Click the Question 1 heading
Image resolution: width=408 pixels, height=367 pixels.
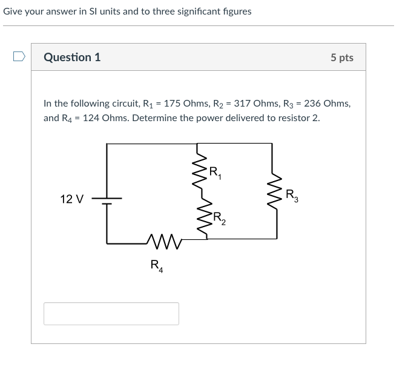click(x=72, y=58)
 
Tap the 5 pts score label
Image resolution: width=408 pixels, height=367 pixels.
click(x=342, y=58)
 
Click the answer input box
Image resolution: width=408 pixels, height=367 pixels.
click(x=111, y=314)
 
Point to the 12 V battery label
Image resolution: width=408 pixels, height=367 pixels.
click(x=72, y=199)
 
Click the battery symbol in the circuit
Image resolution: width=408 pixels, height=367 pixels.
click(x=107, y=200)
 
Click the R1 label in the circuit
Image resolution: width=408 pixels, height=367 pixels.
click(x=216, y=173)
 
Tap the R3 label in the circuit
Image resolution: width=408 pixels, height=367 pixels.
click(x=292, y=196)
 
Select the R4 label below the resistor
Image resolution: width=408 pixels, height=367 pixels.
click(x=156, y=265)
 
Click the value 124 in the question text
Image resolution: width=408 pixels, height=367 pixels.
click(x=91, y=117)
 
